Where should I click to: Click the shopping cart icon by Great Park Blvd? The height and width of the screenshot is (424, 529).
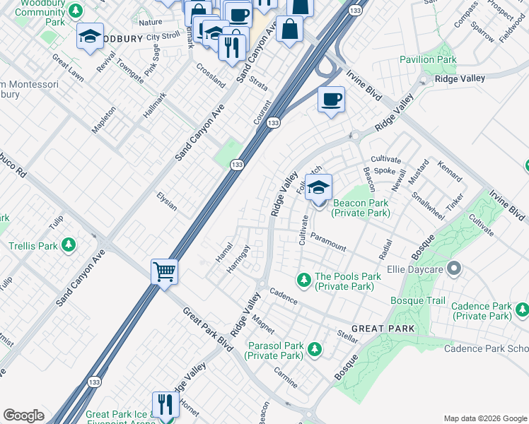[164, 271]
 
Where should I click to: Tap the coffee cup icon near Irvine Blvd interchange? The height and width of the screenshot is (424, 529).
[331, 99]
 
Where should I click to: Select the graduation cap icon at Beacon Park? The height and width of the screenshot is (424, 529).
[319, 187]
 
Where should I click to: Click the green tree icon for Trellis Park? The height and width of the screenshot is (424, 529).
[69, 245]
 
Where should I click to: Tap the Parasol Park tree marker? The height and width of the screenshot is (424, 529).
[314, 349]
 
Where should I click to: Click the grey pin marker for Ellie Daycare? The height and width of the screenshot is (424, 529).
[454, 269]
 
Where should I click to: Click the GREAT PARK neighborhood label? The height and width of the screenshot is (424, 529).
[382, 329]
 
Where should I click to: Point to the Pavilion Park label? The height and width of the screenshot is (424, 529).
[428, 60]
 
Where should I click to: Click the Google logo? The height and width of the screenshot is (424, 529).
[23, 416]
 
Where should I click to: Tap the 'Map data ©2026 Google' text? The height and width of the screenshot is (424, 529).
[484, 418]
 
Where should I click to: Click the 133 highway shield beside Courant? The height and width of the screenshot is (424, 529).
[273, 123]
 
